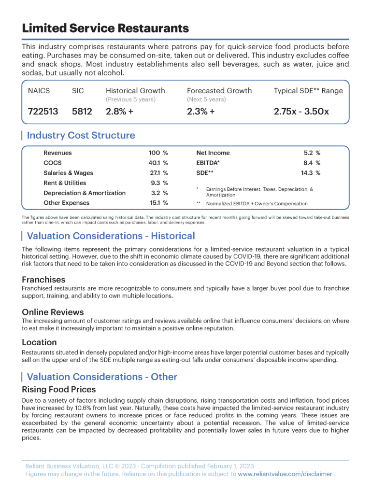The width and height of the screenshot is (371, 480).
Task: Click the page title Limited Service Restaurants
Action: coord(105,28)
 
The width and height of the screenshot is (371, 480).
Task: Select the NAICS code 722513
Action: coord(43,111)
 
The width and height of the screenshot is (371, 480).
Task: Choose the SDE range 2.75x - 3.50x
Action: coord(301,111)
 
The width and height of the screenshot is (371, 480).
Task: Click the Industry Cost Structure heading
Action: coord(81,136)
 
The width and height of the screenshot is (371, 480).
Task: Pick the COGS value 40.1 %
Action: coord(158,163)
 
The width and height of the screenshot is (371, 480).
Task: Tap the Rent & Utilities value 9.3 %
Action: coord(159,183)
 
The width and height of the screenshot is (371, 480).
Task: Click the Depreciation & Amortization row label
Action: coord(85,193)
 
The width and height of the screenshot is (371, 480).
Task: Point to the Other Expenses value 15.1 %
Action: coord(158,203)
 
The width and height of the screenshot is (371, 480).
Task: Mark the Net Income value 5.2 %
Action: coord(312,153)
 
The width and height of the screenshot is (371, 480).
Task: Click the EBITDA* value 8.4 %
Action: coord(312,163)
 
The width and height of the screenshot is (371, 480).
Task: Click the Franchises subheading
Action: coord(43,280)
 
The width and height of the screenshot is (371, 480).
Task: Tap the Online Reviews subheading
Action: coord(53,312)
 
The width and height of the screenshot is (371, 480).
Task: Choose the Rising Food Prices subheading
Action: coord(59,389)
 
